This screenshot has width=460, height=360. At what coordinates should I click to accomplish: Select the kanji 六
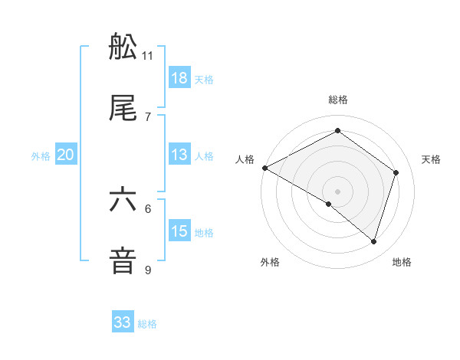point(123,201)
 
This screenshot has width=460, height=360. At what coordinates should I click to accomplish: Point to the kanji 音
point(123,261)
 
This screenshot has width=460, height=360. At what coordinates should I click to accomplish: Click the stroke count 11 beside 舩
point(148,56)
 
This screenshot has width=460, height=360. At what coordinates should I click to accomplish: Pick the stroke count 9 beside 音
point(148,270)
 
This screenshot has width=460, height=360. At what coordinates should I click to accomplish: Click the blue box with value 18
point(179,78)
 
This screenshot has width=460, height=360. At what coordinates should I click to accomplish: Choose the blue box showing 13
point(179,155)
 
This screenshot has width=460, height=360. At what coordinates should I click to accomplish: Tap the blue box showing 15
point(179,231)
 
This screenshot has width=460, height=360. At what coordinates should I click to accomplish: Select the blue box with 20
point(66,155)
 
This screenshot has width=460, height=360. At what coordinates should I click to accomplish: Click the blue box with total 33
point(123,322)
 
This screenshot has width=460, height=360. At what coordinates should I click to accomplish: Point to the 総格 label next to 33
point(147,324)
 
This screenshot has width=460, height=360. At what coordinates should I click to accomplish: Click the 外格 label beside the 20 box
point(41,156)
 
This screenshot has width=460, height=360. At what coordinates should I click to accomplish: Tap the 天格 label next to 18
point(204,80)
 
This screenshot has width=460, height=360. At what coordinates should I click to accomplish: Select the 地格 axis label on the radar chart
point(402,262)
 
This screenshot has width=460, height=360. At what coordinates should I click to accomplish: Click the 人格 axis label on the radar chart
point(245,159)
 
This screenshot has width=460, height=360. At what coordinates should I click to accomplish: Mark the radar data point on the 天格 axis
point(396,172)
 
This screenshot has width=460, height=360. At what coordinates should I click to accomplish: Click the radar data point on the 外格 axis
point(329,204)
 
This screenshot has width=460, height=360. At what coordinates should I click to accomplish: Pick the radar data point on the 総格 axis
point(337,131)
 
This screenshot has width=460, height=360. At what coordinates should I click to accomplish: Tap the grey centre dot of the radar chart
point(337,191)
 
